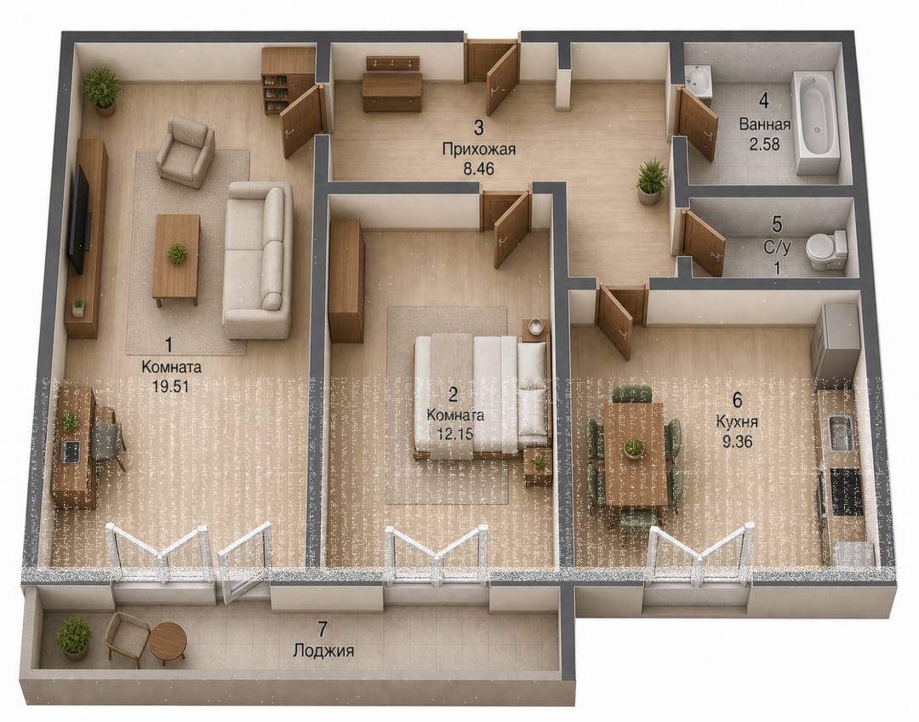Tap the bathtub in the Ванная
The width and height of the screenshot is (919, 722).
pyautogui.click(x=815, y=123)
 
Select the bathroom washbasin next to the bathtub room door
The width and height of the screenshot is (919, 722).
pyautogui.click(x=698, y=81)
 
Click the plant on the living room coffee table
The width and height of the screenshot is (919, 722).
pyautogui.click(x=176, y=254)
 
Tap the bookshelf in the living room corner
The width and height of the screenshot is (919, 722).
pyautogui.click(x=288, y=80)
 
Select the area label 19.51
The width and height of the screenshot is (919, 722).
pyautogui.click(x=172, y=387)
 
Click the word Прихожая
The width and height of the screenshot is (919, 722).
pyautogui.click(x=479, y=150)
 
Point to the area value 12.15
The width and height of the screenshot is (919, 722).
pyautogui.click(x=455, y=433)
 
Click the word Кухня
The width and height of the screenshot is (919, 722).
pyautogui.click(x=737, y=422)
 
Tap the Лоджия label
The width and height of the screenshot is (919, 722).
pyautogui.click(x=323, y=650)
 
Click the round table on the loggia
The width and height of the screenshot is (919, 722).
pyautogui.click(x=168, y=643)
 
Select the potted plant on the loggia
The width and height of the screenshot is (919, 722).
pyautogui.click(x=74, y=638)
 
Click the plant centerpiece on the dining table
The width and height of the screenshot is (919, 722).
pyautogui.click(x=634, y=447)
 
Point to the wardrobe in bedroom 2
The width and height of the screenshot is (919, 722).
pyautogui.click(x=346, y=281)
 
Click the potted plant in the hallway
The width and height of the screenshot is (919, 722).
pyautogui.click(x=651, y=181)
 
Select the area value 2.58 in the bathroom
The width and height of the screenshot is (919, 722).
pyautogui.click(x=764, y=144)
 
